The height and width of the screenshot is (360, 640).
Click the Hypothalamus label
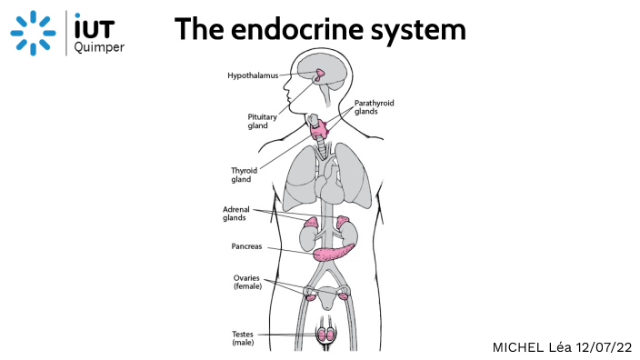tap(252, 76)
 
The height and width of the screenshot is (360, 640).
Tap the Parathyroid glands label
tap(374, 107)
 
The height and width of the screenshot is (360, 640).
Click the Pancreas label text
tap(248, 246)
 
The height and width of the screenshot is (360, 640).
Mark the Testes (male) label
tap(243, 338)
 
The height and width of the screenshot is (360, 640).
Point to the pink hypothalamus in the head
tap(322, 73)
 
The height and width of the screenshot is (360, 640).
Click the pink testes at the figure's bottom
tap(325, 335)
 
